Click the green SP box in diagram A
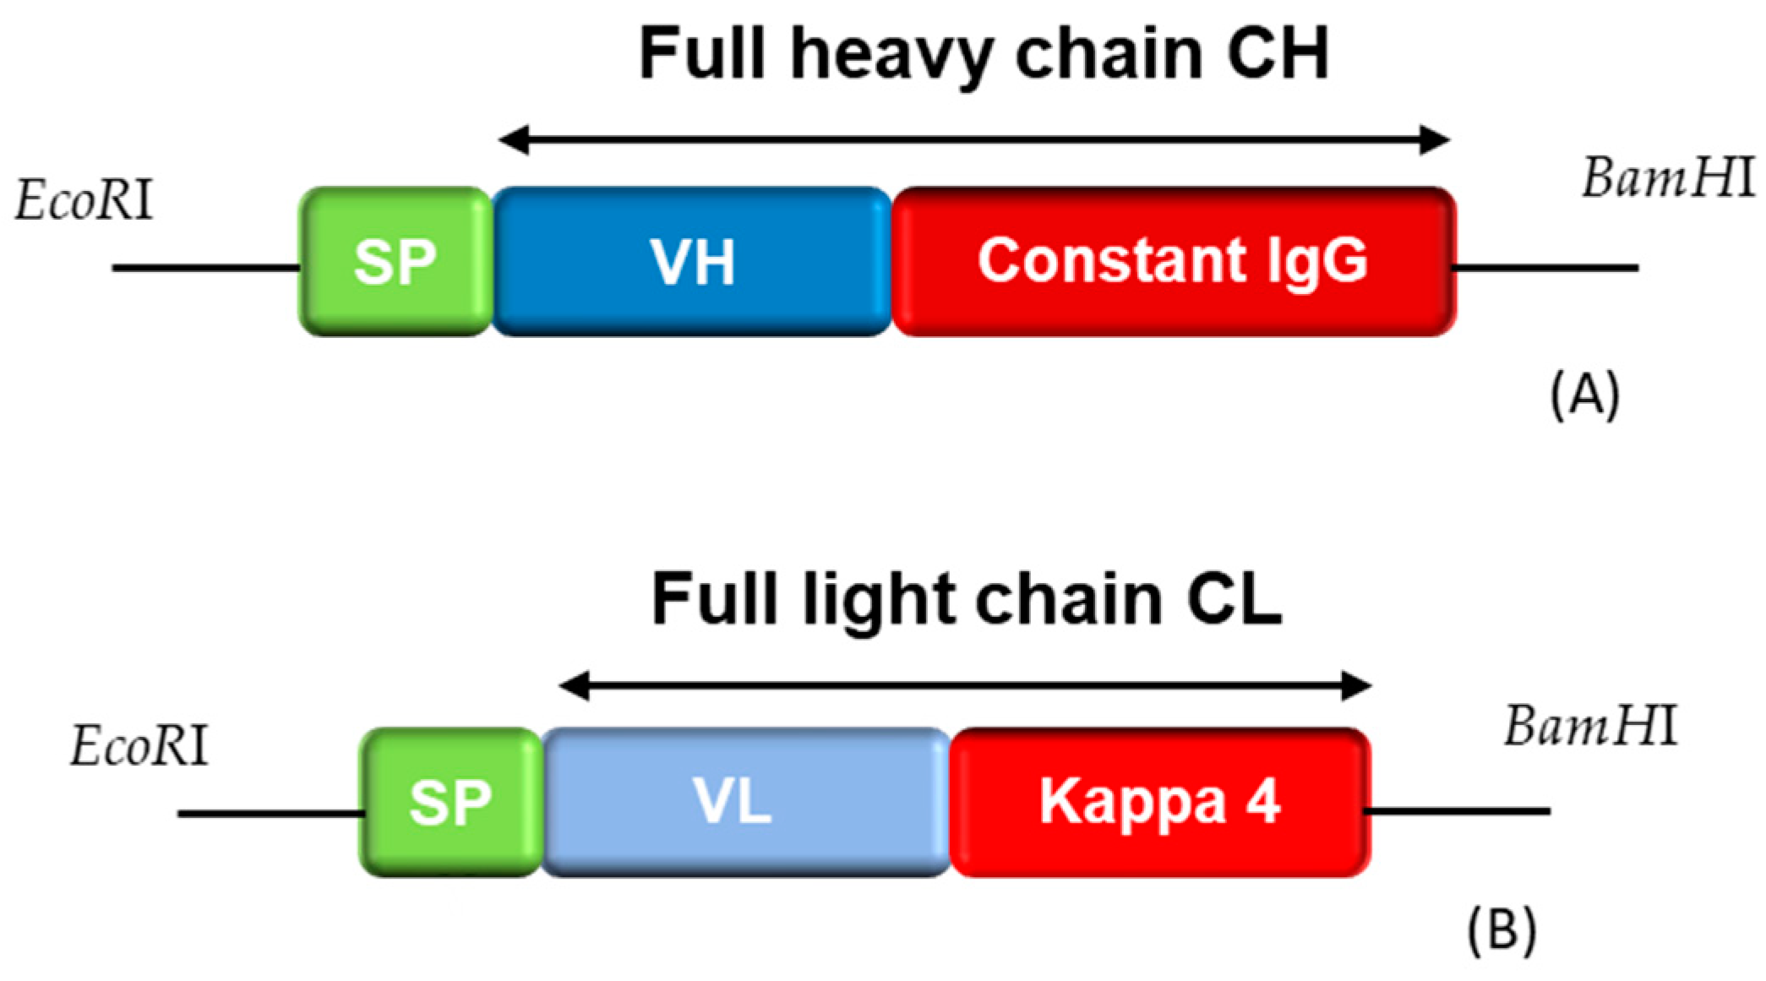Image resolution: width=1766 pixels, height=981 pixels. tap(395, 261)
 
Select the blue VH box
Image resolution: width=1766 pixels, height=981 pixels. tap(691, 261)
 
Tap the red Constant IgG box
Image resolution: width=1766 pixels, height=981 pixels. tap(1173, 261)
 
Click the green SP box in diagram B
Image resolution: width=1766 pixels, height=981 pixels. tap(450, 802)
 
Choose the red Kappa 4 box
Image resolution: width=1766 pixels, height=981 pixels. tap(1159, 802)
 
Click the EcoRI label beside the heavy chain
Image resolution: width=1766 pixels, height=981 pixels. tap(84, 203)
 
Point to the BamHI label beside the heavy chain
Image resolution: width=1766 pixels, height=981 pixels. tap(1668, 180)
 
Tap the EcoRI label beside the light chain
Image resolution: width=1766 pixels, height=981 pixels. tap(139, 748)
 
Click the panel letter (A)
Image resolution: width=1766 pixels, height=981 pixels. tap(1585, 395)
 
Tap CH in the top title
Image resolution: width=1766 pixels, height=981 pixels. tap(1278, 52)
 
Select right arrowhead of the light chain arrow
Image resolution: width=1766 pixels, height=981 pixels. tap(1357, 687)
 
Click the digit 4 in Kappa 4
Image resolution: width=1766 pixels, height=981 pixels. tap(1264, 800)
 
